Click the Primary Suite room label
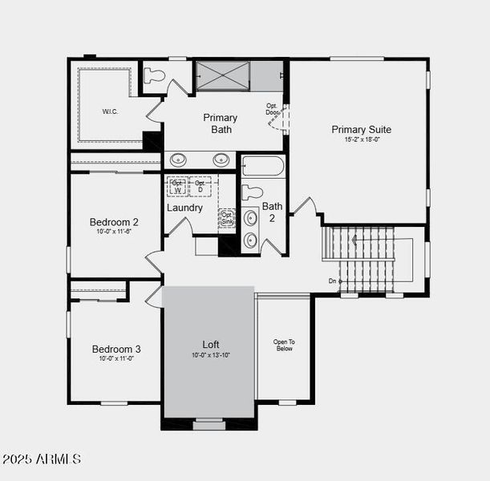click(361, 129)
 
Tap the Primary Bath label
click(220, 123)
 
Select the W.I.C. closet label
click(110, 111)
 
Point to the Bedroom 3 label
click(115, 349)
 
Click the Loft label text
click(210, 344)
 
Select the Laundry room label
click(184, 208)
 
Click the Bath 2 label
click(273, 212)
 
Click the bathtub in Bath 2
click(263, 166)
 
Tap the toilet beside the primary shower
click(154, 76)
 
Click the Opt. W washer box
click(176, 186)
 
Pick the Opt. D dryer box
click(200, 186)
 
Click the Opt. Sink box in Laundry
click(227, 218)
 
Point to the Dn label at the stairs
click(333, 281)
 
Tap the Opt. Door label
click(273, 109)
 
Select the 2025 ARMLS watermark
click(42, 459)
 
